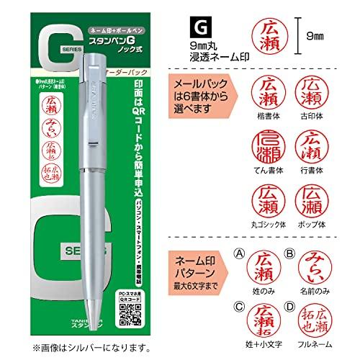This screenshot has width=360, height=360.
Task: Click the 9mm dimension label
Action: click(x=334, y=33)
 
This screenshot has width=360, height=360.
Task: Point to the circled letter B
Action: click(x=291, y=253)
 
